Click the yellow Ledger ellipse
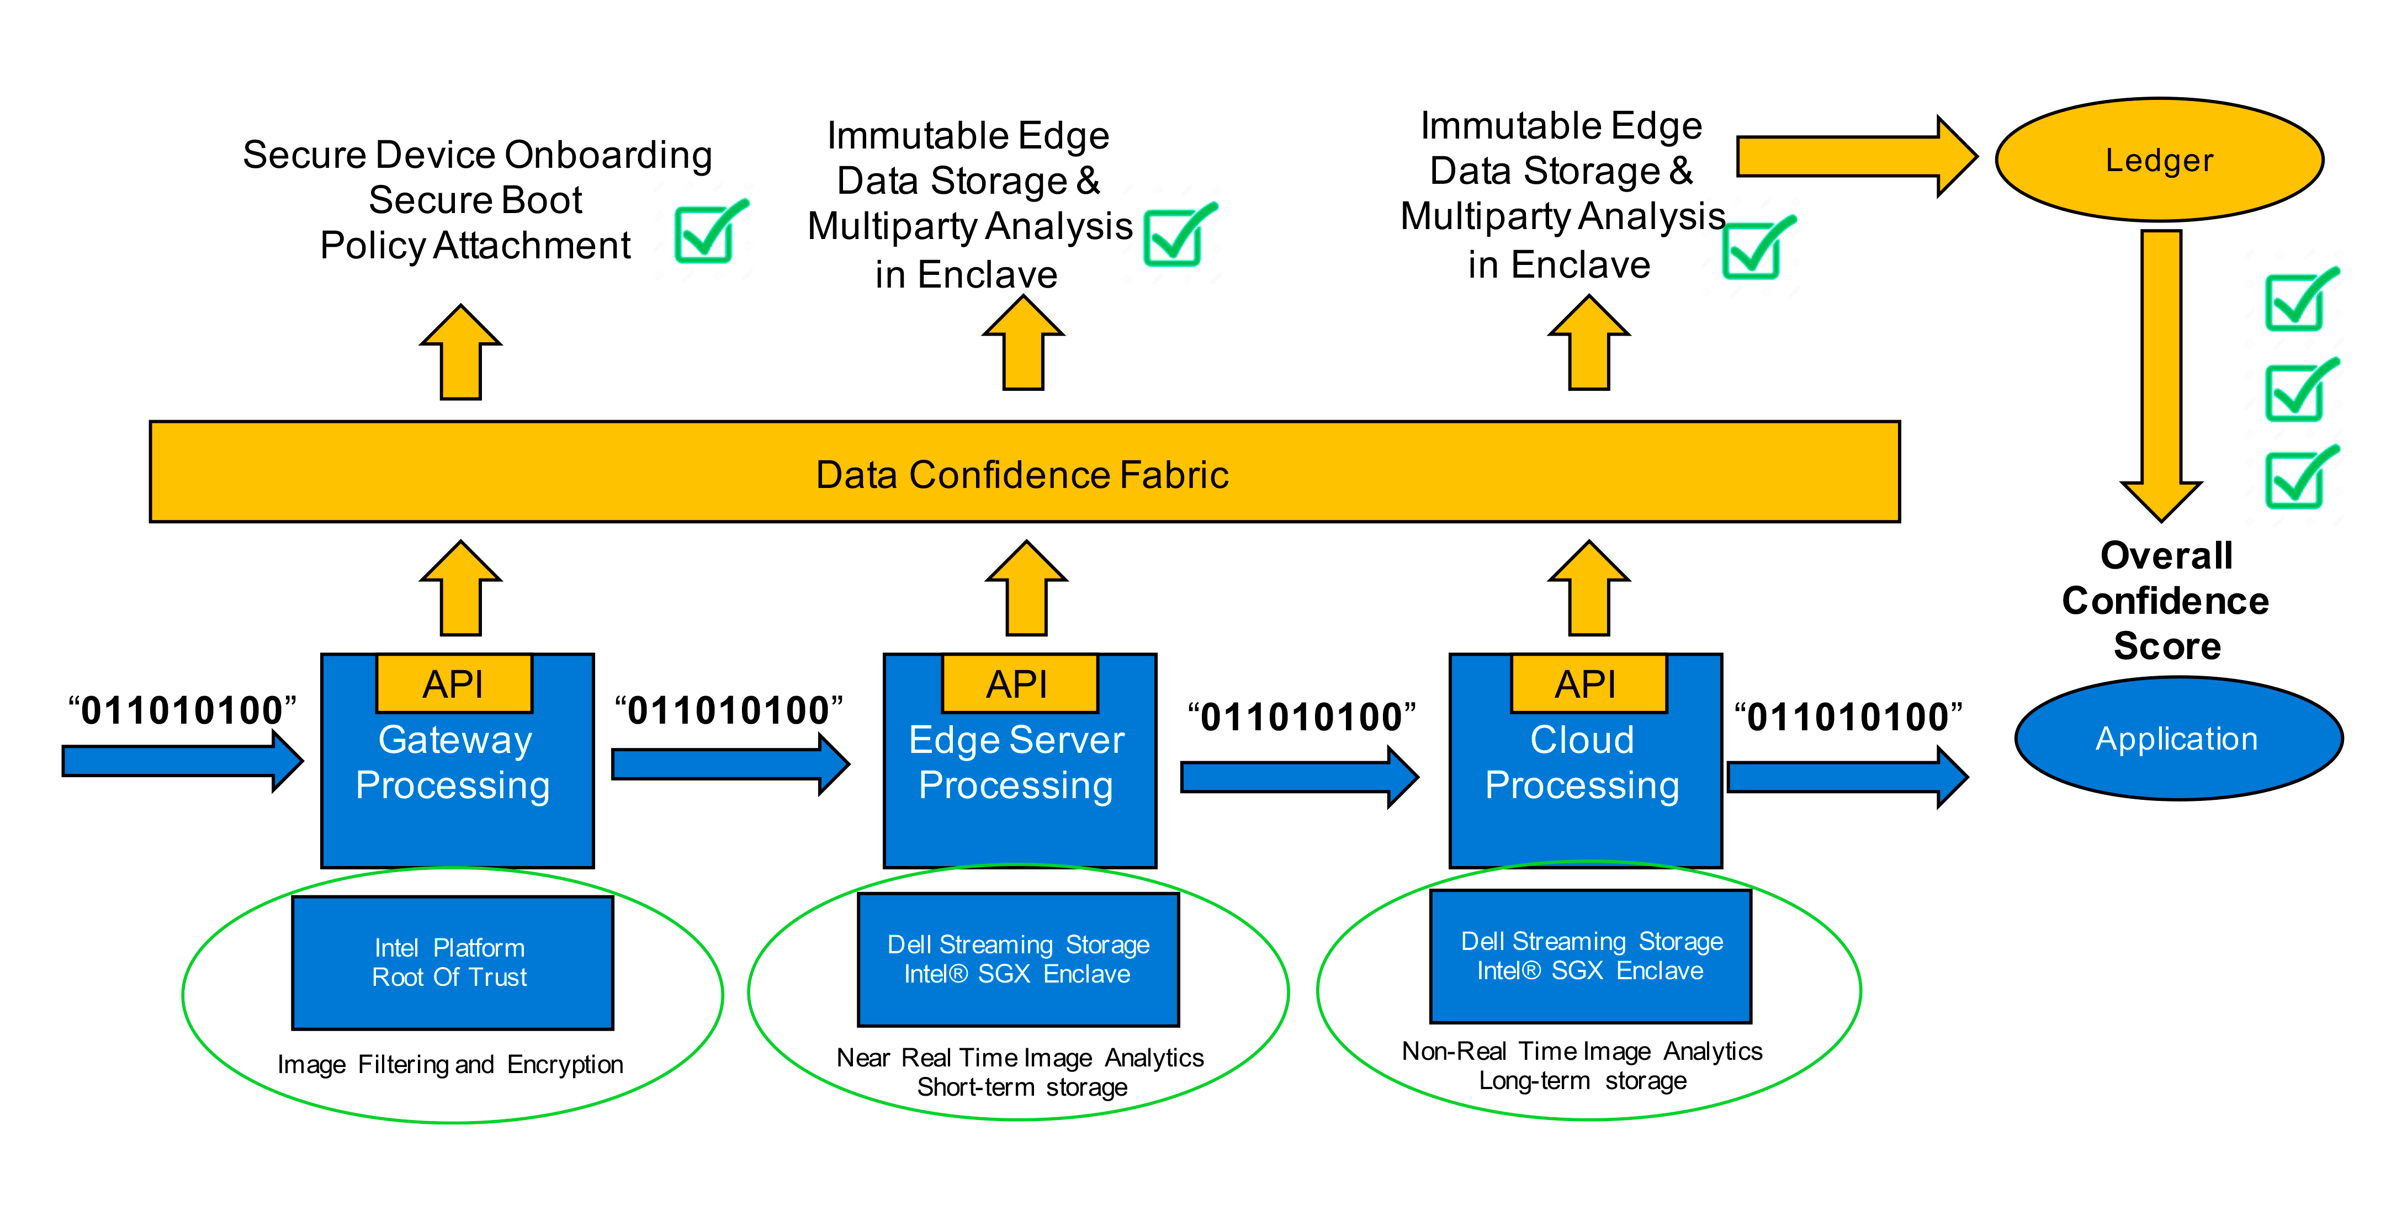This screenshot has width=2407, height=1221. (x=2159, y=160)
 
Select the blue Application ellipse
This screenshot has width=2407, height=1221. (x=2178, y=738)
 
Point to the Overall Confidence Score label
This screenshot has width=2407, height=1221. (x=2166, y=601)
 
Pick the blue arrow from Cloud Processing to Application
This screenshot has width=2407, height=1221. (x=1847, y=776)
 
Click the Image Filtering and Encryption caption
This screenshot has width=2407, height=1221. (x=450, y=1064)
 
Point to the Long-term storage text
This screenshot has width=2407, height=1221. (x=1583, y=1081)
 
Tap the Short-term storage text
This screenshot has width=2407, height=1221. (x=1022, y=1087)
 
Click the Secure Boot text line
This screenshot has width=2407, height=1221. (x=476, y=200)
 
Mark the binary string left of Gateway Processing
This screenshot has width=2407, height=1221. (x=182, y=710)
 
